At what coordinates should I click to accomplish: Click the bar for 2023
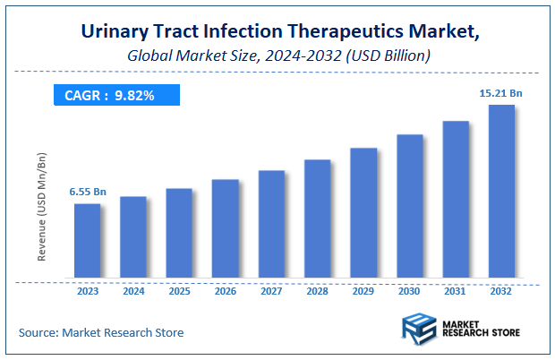(x=87, y=240)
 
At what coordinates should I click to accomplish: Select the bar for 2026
(x=225, y=227)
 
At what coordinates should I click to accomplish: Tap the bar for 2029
(x=363, y=212)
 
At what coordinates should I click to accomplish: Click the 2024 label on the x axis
(x=133, y=290)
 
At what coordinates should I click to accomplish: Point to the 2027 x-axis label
(x=271, y=290)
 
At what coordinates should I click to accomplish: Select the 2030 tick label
(x=409, y=290)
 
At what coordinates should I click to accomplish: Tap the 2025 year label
(x=179, y=290)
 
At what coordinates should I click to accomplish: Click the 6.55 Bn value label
(x=88, y=192)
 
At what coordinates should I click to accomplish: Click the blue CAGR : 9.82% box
(x=115, y=95)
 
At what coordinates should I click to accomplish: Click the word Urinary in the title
(x=114, y=32)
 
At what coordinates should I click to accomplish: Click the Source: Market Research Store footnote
(x=101, y=332)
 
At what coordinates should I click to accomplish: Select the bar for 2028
(x=317, y=219)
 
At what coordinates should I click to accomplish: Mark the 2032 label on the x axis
(x=501, y=290)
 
